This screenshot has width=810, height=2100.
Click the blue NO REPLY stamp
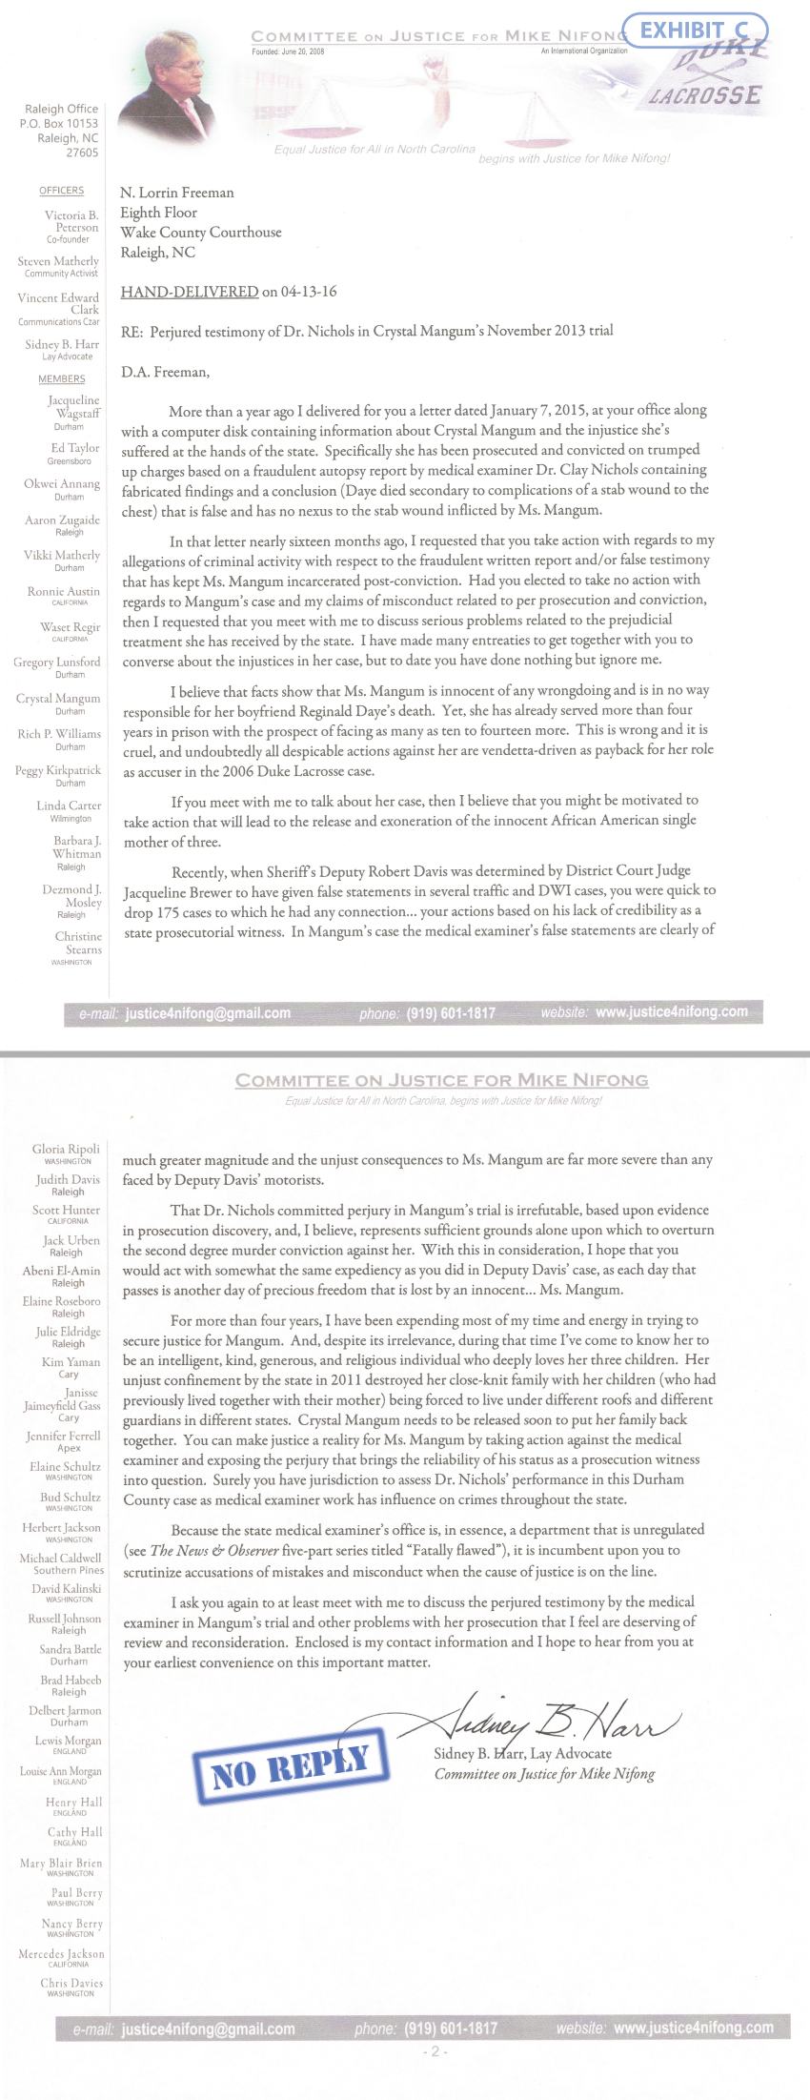[290, 1766]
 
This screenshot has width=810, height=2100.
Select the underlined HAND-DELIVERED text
[189, 292]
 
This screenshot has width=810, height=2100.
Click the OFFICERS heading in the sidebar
[62, 191]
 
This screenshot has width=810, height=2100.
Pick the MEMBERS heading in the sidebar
[62, 378]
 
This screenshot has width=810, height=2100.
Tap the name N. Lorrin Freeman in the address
[176, 193]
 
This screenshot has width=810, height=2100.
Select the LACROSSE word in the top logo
[705, 95]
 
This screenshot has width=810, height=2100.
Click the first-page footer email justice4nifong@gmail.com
[208, 1013]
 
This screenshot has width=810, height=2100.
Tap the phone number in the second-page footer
[451, 2029]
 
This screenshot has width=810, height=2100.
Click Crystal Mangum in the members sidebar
[58, 699]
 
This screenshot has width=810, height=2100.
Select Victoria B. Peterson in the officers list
[71, 221]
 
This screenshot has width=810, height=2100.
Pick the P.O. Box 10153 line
[59, 123]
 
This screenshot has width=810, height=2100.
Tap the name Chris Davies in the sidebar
[71, 1983]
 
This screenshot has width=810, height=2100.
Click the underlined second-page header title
[442, 1080]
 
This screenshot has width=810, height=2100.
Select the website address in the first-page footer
[671, 1012]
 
